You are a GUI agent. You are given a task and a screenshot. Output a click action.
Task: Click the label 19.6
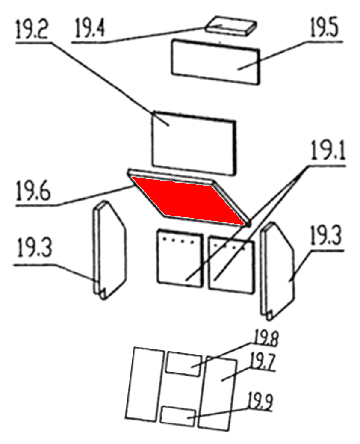pyautogui.click(x=33, y=191)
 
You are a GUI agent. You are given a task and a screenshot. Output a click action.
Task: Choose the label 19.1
pyautogui.click(x=328, y=150)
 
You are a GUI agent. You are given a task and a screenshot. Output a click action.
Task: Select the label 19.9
pyautogui.click(x=260, y=401)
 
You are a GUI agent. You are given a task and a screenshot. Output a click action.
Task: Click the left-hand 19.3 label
pyautogui.click(x=34, y=248)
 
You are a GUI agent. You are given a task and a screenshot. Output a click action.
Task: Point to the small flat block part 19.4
pyautogui.click(x=231, y=26)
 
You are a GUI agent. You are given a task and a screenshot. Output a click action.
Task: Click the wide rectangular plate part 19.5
pyautogui.click(x=215, y=62)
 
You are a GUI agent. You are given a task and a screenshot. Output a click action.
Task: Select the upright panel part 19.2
pyautogui.click(x=194, y=143)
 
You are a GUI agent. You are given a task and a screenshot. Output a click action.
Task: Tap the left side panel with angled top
pyautogui.click(x=110, y=250)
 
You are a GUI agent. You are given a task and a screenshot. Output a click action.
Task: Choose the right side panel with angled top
pyautogui.click(x=278, y=271)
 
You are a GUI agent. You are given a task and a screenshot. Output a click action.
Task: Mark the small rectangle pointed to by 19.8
pyautogui.click(x=183, y=364)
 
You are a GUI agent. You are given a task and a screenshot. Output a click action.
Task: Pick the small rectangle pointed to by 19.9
pyautogui.click(x=178, y=416)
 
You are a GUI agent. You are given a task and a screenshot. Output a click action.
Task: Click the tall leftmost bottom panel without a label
pyautogui.click(x=145, y=384)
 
